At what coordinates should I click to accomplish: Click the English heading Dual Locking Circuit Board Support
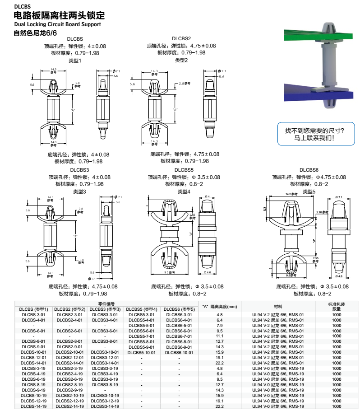(57, 24)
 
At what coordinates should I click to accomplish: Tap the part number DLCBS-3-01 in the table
(34, 314)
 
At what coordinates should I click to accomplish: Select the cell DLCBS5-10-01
(141, 352)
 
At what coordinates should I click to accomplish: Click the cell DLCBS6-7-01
(179, 336)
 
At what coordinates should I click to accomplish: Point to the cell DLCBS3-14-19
(105, 406)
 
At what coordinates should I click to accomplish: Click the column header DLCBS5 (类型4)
(141, 309)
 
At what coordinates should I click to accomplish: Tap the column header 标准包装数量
(337, 306)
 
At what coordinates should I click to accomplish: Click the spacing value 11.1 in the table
(220, 336)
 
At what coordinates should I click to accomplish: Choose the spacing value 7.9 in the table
(220, 325)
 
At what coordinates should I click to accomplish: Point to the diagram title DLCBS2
(181, 39)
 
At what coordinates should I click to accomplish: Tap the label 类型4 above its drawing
(184, 191)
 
